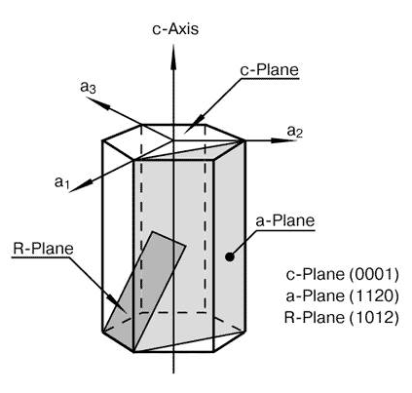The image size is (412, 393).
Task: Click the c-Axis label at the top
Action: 175,29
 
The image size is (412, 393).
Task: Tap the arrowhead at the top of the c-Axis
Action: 173,57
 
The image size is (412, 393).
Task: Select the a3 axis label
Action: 88,87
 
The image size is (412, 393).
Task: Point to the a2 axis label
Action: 295,131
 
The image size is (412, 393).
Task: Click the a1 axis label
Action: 61,182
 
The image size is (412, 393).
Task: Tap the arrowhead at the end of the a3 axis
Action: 98,102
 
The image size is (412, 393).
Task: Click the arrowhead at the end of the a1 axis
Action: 81,186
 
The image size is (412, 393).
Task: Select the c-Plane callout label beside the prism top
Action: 269,70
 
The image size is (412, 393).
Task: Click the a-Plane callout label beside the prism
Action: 285,221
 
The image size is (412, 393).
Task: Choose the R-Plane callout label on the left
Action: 43,249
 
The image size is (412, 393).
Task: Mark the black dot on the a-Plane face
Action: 230,256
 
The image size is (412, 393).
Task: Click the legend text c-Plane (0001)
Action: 342,274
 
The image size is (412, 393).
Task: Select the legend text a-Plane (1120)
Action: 342,295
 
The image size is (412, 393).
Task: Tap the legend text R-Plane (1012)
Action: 341,317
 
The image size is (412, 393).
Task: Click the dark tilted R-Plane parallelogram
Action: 144,292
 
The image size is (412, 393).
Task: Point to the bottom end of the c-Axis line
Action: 173,373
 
